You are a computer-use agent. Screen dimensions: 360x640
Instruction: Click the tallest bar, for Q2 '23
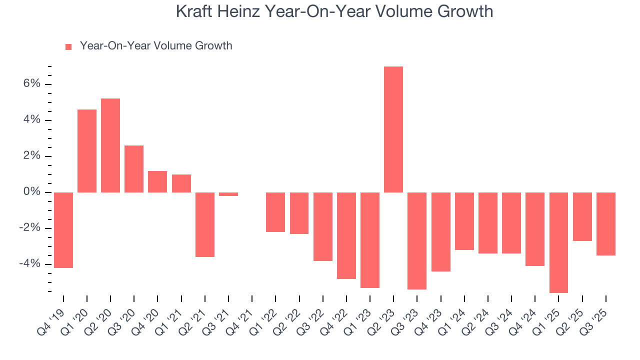point(393,129)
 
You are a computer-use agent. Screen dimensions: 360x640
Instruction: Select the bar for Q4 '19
point(63,230)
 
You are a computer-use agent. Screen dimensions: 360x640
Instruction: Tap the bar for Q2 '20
point(110,145)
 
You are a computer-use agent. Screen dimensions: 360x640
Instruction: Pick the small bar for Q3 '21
point(228,194)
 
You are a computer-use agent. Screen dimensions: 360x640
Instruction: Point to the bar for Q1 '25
point(558,242)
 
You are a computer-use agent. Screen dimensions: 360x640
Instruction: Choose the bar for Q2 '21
point(205,224)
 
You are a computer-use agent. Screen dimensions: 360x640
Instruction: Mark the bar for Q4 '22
point(346,235)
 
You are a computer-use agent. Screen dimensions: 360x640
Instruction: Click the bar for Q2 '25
point(582,216)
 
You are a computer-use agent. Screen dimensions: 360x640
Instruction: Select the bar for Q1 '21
point(181,183)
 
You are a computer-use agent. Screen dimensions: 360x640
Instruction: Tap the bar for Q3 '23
point(417,241)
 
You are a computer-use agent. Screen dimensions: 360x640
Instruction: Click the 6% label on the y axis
point(31,84)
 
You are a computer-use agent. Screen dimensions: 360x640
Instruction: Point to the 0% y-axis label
point(31,192)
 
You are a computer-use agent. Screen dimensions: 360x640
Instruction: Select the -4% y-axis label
point(29,264)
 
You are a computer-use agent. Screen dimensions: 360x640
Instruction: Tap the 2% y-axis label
point(31,156)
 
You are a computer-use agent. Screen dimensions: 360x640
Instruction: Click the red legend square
point(68,47)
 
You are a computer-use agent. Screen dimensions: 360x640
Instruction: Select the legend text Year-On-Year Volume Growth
point(156,46)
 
